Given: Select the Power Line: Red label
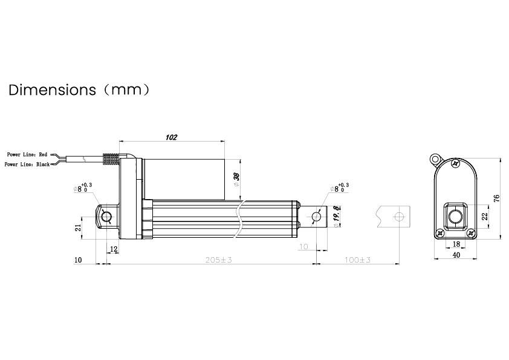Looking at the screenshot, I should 27,155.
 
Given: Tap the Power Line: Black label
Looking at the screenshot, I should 27,164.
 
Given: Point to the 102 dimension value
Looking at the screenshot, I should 171,137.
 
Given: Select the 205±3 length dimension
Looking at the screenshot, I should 219,260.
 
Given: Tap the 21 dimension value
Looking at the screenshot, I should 77,227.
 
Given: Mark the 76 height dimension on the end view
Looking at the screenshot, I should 497,198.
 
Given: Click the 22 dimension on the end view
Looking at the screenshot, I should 484,216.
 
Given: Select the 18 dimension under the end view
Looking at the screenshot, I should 455,244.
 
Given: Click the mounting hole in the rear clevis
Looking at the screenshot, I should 106,217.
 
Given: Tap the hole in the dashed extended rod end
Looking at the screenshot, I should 398,217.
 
